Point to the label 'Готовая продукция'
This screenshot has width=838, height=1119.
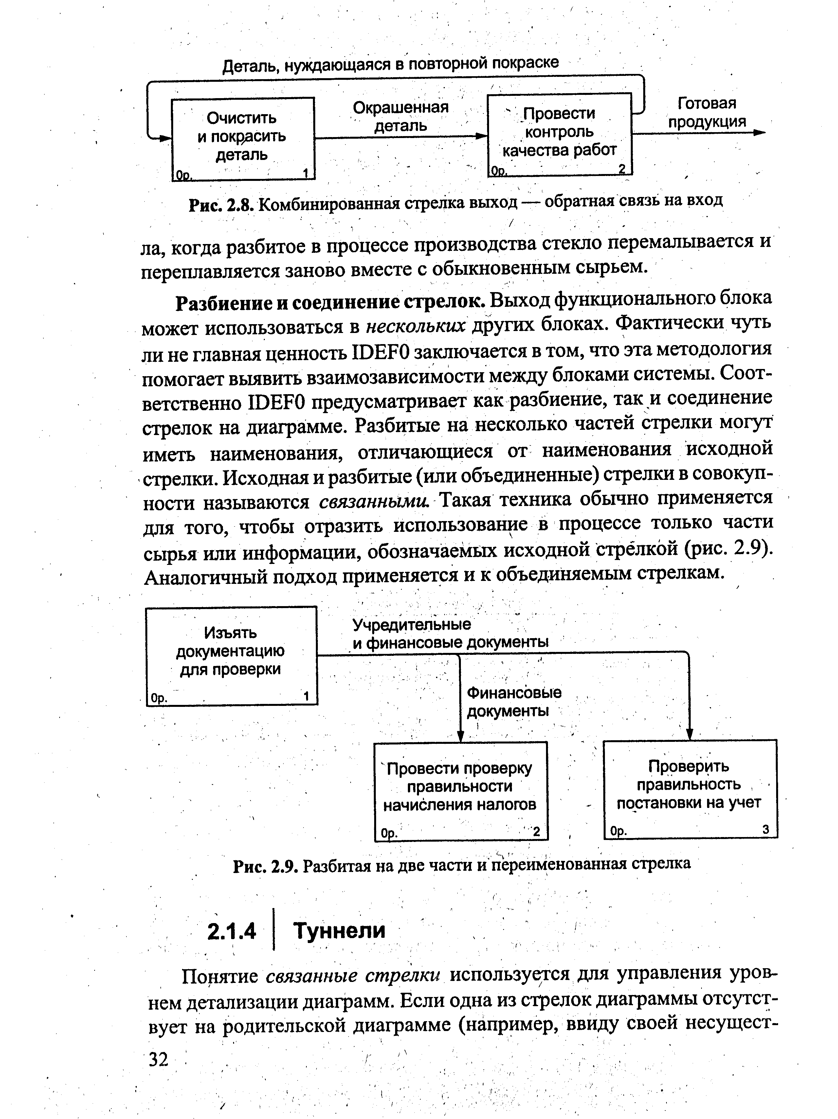[706, 112]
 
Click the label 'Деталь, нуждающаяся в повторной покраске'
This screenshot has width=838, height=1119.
[391, 64]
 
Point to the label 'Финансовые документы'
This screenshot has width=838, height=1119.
[513, 701]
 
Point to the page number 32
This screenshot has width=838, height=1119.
[158, 1058]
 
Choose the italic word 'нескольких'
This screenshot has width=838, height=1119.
[415, 327]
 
